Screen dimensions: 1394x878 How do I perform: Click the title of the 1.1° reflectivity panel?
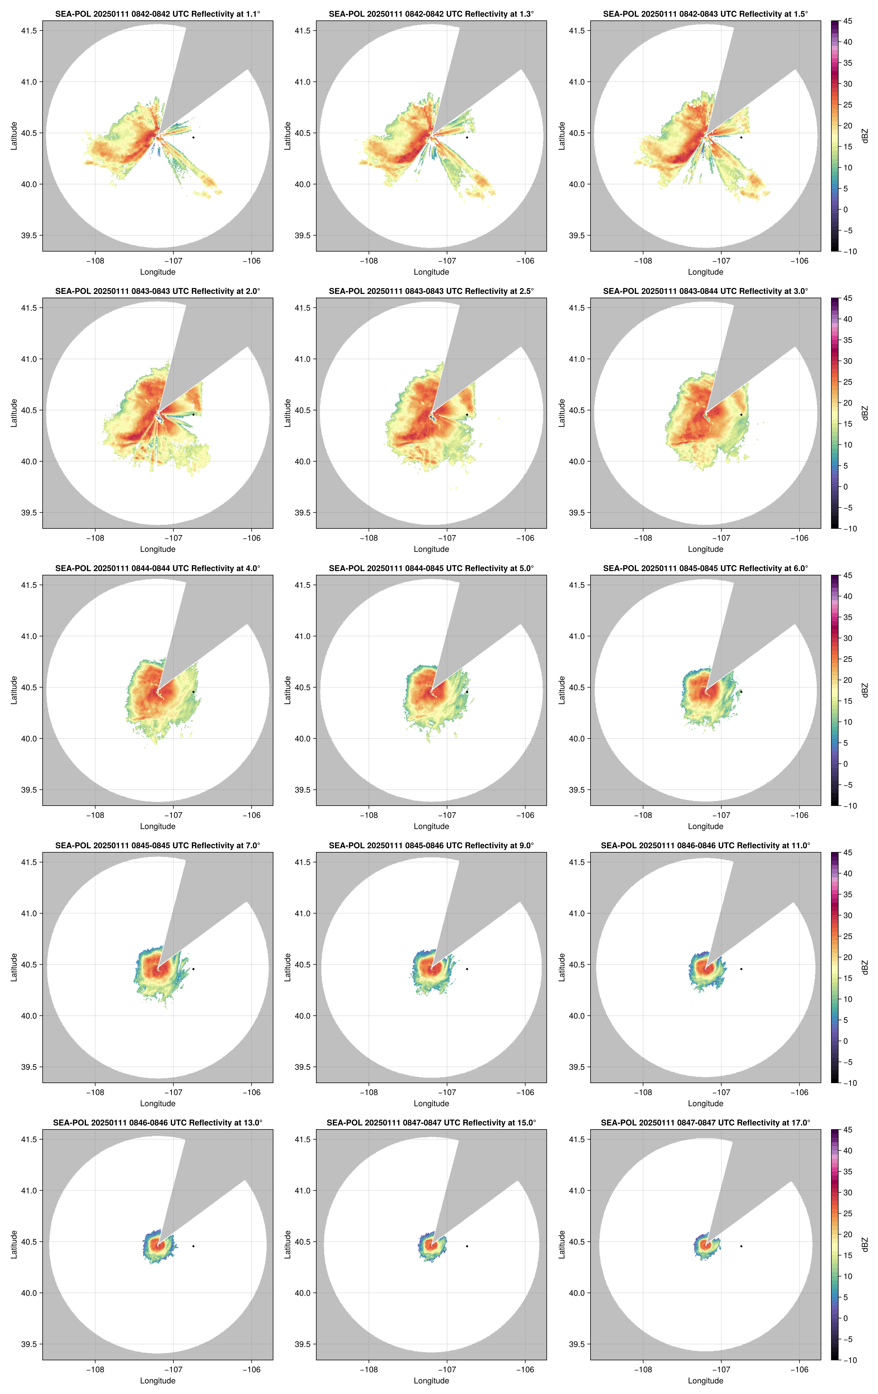158,14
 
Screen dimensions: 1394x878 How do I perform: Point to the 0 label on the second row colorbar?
845,487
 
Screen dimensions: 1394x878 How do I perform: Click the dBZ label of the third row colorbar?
865,690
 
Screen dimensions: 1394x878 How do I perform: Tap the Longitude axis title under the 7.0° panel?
158,1103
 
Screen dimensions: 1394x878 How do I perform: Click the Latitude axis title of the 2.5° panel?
288,413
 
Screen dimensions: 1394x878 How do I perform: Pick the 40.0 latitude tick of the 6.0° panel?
576,739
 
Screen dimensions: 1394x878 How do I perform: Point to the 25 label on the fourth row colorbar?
847,936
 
